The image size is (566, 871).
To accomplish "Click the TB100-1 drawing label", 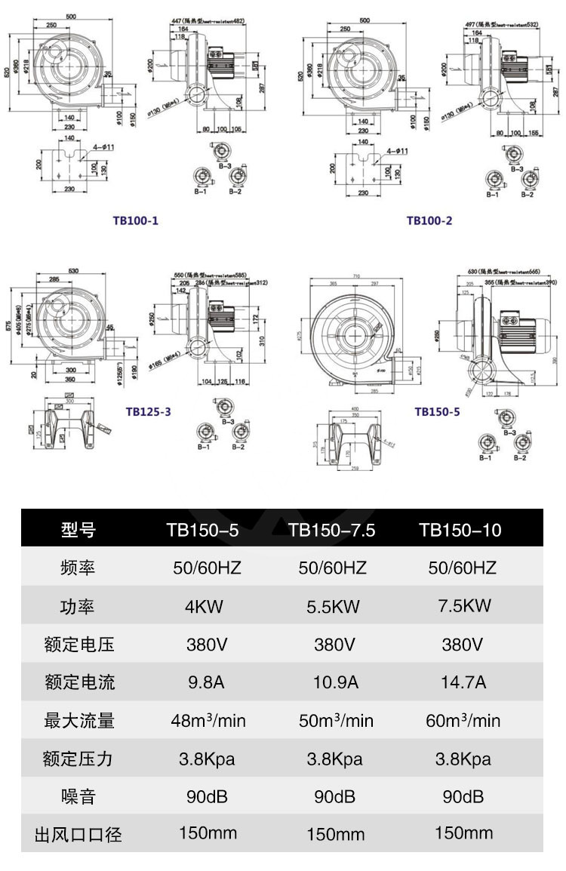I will point(136,220).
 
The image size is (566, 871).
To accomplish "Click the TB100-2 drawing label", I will point(429,220).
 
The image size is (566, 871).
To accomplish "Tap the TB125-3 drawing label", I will point(148,412).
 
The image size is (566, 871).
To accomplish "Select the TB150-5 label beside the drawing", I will point(437,412).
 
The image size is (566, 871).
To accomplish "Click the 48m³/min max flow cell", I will point(208,720).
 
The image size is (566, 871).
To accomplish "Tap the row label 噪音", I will point(78,796).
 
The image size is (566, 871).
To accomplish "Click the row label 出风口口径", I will point(78,835).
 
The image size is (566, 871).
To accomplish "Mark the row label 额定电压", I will point(78,644).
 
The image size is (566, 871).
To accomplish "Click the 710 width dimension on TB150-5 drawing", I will point(355,277).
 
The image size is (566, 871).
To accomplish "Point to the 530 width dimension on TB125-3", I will point(73,269).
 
